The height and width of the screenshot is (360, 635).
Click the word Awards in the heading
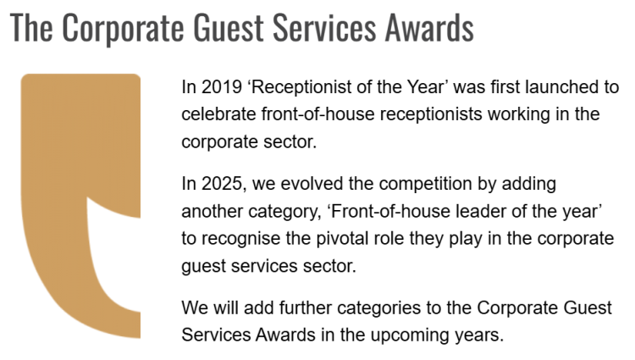pyautogui.click(x=429, y=28)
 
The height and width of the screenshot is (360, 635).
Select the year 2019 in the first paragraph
pyautogui.click(x=222, y=87)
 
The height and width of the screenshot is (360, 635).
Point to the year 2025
pyautogui.click(x=222, y=184)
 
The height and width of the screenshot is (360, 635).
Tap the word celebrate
pyautogui.click(x=218, y=114)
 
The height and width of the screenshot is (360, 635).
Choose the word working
pyautogui.click(x=519, y=115)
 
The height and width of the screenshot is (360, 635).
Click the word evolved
pyautogui.click(x=312, y=184)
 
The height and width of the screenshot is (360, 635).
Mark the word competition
pyautogui.click(x=425, y=185)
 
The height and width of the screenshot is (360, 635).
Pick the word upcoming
pyautogui.click(x=410, y=335)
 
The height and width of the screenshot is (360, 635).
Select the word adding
pyautogui.click(x=529, y=185)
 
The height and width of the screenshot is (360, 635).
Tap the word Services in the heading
pyautogui.click(x=324, y=28)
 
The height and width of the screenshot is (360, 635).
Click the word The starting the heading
pyautogui.click(x=31, y=28)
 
